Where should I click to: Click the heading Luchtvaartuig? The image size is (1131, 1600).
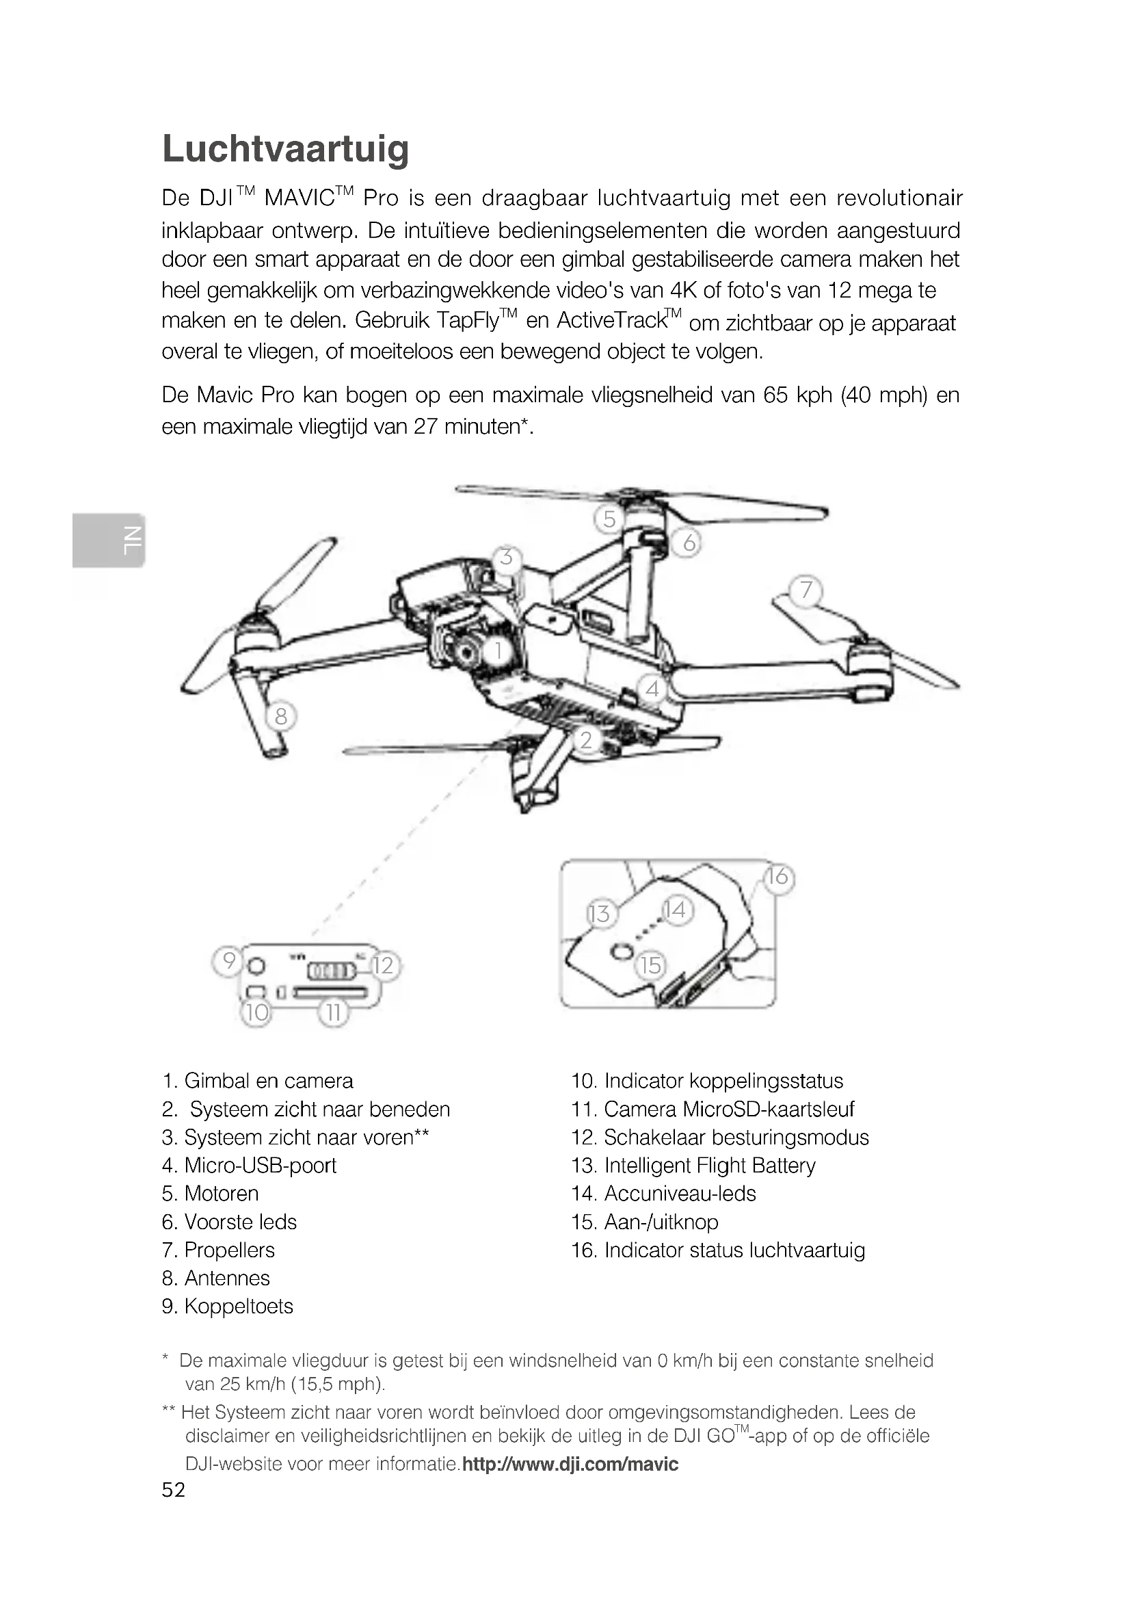286,149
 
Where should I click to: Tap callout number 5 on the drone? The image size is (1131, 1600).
609,519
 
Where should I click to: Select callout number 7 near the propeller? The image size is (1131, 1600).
806,590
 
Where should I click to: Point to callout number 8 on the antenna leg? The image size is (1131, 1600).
280,716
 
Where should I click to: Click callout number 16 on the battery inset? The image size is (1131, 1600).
778,877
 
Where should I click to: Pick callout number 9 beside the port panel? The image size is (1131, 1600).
228,962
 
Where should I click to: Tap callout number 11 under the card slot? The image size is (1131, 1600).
334,1012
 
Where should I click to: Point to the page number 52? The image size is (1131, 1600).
174,1489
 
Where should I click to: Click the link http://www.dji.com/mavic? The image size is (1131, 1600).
570,1463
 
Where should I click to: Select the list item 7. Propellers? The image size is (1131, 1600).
218,1250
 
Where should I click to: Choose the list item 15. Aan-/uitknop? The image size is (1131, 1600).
644,1222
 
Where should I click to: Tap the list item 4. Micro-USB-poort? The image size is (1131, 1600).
249,1166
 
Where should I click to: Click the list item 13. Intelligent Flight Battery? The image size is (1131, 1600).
693,1166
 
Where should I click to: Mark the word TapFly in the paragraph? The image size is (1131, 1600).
468,321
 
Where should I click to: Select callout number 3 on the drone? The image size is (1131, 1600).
506,558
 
